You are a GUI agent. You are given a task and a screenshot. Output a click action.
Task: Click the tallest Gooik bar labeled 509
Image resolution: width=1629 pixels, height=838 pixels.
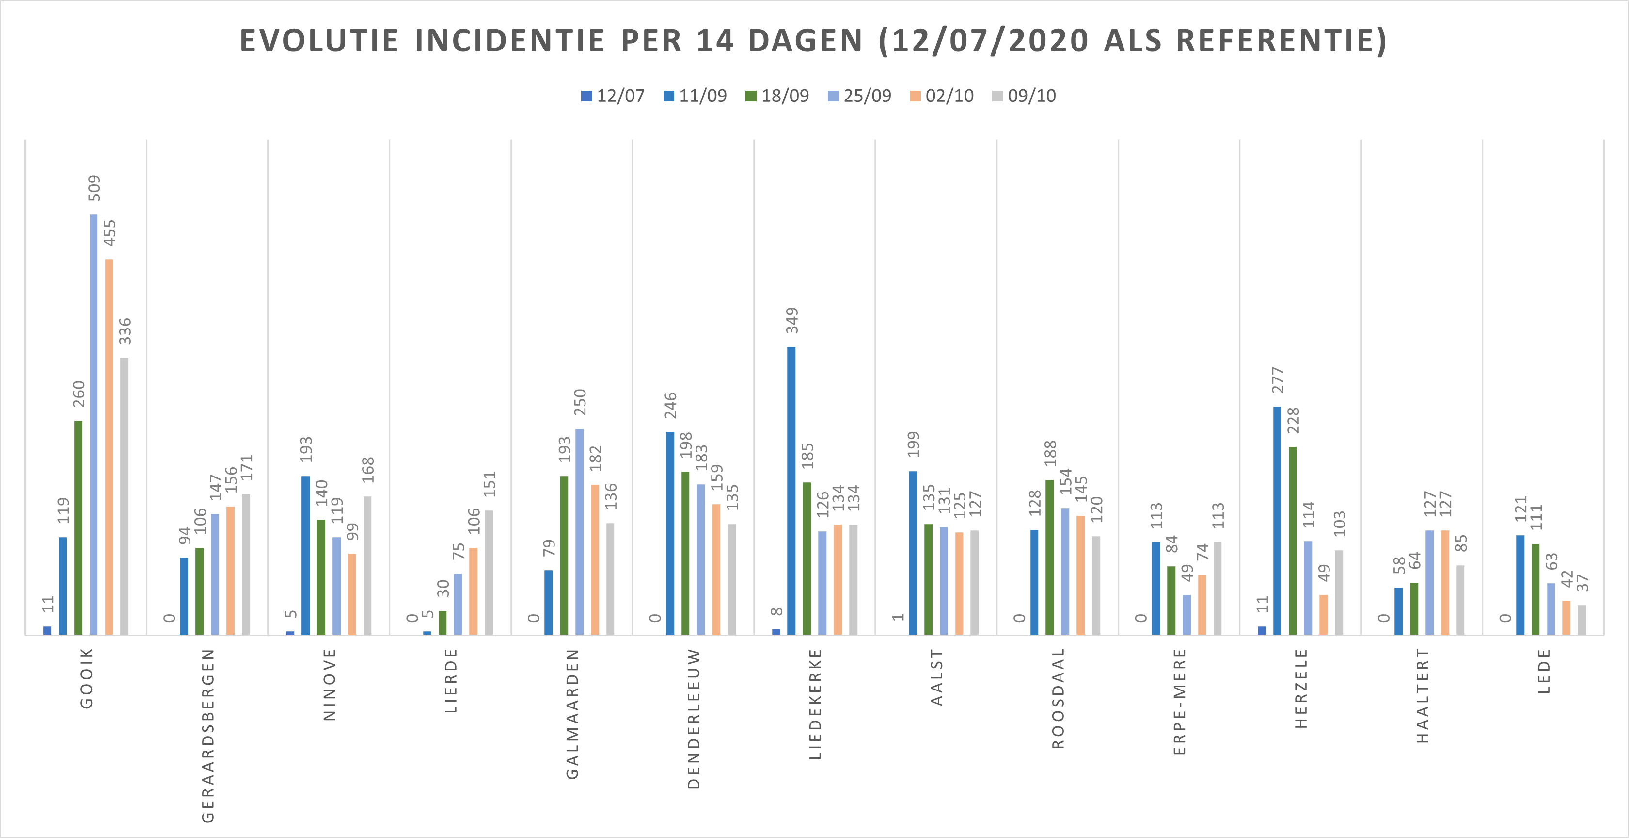pos(94,424)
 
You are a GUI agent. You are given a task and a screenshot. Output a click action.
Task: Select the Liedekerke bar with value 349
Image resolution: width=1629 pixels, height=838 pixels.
pos(791,491)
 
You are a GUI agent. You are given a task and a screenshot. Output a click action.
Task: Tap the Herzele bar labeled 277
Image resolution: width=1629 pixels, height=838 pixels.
pos(1277,520)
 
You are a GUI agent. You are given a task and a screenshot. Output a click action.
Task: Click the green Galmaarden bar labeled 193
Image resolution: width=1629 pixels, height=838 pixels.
pos(564,555)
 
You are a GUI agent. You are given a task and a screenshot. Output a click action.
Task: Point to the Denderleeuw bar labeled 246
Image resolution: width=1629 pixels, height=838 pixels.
pos(670,533)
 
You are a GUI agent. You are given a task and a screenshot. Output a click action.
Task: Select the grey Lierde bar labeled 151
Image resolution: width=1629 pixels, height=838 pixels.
pos(489,572)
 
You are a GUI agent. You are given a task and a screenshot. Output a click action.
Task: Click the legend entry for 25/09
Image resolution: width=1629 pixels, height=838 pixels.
pos(859,96)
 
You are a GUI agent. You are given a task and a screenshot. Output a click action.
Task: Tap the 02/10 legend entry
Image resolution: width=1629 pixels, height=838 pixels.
pos(942,96)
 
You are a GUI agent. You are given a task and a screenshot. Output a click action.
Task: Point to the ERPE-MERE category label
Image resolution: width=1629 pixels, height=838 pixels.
pos(1179,701)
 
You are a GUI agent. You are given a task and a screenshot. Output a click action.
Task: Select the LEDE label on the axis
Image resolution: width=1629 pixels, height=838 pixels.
pos(1544,671)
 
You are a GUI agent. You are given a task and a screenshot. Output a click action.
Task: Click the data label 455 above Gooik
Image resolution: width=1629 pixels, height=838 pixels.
pos(110,233)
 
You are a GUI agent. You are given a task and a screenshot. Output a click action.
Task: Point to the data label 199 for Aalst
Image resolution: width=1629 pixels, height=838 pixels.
pos(913,444)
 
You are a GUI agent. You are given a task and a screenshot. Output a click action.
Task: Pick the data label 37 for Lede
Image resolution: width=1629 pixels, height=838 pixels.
pos(1582,582)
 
